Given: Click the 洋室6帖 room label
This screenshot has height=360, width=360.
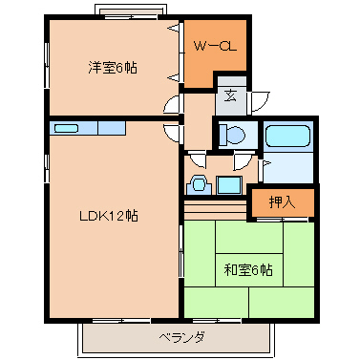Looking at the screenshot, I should click(112, 68).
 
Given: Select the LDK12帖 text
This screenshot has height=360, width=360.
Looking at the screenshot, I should click(108, 216).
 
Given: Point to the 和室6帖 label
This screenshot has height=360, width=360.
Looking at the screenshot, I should click(248, 270).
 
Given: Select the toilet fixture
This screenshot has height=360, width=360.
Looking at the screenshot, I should click(230, 134).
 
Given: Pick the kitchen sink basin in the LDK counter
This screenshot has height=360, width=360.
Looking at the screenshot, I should click(66, 128).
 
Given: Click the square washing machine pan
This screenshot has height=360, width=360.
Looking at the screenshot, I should click(229, 184).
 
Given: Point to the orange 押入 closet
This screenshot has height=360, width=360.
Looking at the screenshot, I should click(281, 202).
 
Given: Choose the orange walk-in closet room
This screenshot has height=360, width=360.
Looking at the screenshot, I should click(215, 53).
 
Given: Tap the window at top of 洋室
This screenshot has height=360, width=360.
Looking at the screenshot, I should click(131, 14).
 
